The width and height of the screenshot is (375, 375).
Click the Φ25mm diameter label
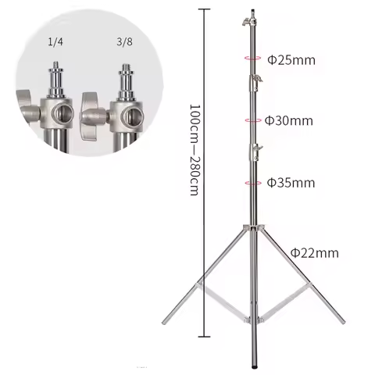[x=287, y=59]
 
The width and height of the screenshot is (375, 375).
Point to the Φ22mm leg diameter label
[x=314, y=252]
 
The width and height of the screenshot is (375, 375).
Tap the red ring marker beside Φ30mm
[x=252, y=120]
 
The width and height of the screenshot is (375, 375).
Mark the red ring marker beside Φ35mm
[x=252, y=182]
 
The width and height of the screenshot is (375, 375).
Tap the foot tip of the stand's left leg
[x=163, y=323]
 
